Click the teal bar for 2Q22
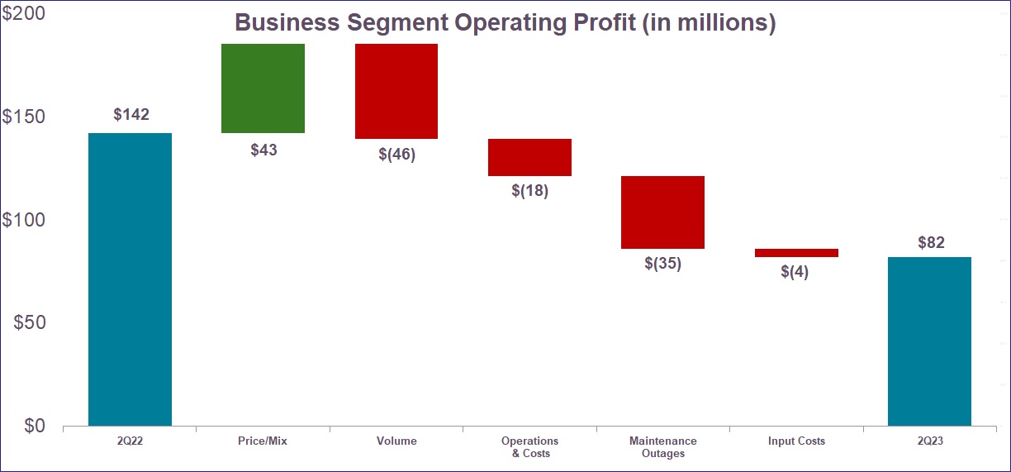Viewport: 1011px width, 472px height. [130, 279]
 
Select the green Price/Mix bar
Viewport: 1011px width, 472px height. [263, 88]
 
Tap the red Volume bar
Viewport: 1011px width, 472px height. [396, 91]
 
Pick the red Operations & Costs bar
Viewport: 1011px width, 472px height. [529, 157]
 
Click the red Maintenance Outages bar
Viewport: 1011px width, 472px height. [662, 212]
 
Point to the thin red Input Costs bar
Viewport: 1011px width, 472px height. [796, 253]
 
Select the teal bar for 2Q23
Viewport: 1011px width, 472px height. [929, 341]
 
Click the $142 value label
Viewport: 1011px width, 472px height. [131, 115]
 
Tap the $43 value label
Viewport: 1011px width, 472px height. [263, 150]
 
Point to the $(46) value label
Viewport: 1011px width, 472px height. [396, 155]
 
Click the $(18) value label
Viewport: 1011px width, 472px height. [529, 191]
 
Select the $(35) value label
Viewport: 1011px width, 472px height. [662, 265]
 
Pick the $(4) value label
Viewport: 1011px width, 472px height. [795, 272]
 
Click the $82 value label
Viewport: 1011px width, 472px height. [931, 243]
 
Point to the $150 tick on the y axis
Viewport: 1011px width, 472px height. [24, 117]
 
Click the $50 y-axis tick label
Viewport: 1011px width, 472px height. [29, 322]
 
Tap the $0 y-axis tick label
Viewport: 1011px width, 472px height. [34, 426]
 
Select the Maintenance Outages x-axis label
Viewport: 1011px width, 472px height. [662, 447]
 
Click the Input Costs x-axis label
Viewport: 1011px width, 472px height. [796, 441]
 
